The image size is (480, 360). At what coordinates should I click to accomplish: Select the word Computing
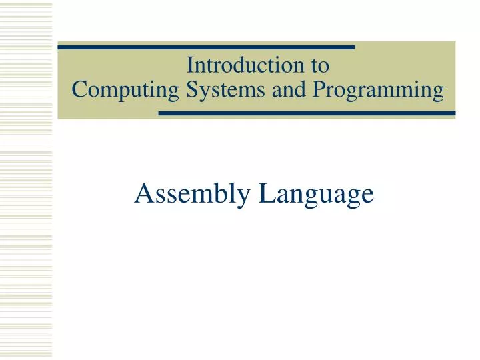coord(123,89)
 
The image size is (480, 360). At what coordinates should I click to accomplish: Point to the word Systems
coord(223,89)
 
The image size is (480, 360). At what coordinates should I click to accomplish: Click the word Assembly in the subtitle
coord(193,193)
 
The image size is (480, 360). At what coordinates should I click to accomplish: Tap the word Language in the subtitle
coord(316,193)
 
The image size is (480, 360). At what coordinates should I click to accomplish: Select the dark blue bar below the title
coord(307,113)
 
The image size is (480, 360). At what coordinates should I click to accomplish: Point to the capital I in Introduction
coord(190,66)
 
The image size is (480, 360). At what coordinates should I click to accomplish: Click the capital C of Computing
coord(79,89)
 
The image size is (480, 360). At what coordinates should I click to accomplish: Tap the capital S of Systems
coord(189,89)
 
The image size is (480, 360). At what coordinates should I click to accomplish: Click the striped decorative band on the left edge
coord(25,180)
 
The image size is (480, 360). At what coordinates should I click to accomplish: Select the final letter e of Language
coord(366,195)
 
